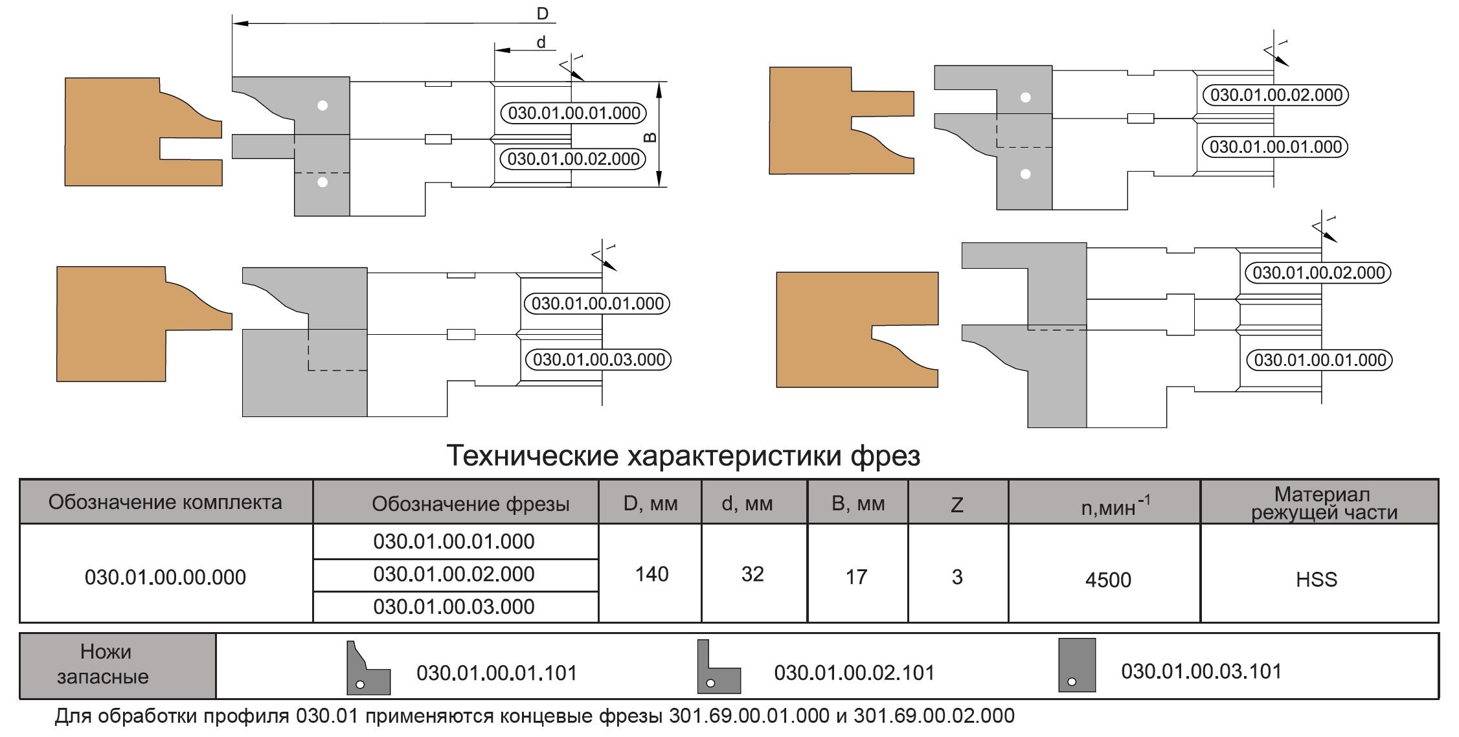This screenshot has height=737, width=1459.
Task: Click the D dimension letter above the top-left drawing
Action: [542, 13]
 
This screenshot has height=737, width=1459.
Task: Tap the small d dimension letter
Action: [541, 43]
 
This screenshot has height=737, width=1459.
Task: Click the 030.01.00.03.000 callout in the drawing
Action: [598, 359]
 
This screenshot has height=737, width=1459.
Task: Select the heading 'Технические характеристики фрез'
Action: [683, 455]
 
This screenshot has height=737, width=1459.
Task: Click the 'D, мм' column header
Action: [650, 503]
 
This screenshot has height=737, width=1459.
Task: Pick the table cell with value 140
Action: [651, 574]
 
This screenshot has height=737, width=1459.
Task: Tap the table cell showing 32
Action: [752, 574]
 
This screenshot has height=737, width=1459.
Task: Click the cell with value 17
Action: [856, 576]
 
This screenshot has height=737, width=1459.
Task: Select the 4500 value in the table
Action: [1108, 580]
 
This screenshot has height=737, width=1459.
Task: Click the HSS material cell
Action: [1317, 579]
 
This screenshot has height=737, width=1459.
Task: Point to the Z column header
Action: [956, 505]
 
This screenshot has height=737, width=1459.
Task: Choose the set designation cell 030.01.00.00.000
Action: [165, 577]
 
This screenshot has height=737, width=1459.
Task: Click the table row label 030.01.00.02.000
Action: [454, 574]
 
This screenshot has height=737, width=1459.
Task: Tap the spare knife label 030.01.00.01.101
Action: [497, 673]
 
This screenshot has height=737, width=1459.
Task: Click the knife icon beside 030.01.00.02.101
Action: [718, 667]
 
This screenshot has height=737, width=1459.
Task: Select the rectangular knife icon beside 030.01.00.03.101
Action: [1077, 665]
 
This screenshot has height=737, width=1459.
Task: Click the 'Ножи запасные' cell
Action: [106, 664]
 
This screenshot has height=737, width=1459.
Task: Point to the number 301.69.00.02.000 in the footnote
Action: [934, 716]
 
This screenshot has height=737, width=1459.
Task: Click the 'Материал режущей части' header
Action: [1322, 503]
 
